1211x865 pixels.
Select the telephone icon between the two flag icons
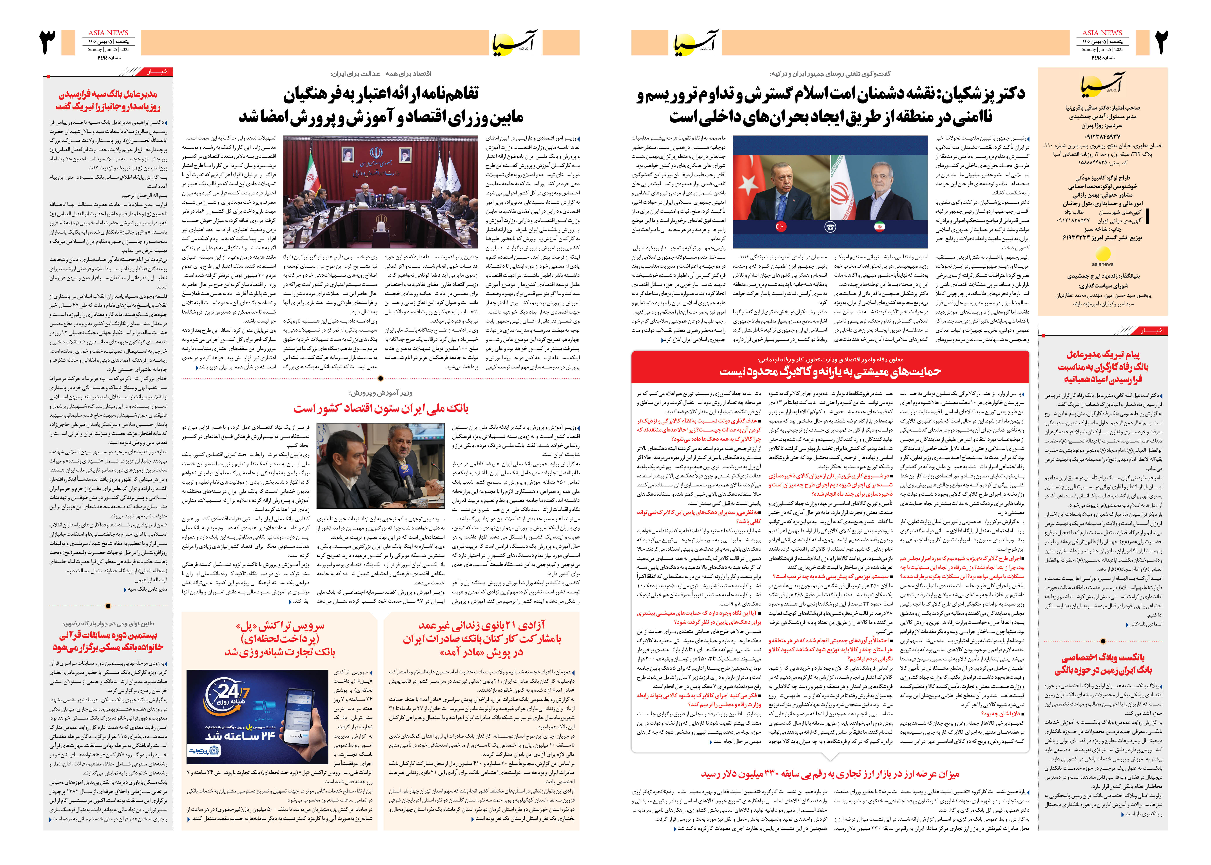pos(830,227)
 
